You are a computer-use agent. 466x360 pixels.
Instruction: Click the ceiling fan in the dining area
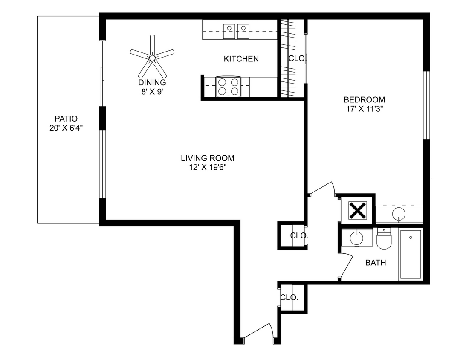[x=152, y=57]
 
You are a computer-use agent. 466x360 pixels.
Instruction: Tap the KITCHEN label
[x=241, y=59]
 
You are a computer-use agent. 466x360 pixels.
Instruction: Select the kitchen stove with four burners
[x=229, y=87]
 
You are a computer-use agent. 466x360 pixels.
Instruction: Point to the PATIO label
[x=66, y=119]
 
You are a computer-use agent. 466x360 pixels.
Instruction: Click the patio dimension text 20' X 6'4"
[x=66, y=128]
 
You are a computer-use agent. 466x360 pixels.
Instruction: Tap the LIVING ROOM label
[x=207, y=158]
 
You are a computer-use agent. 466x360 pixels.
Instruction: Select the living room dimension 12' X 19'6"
[x=207, y=168]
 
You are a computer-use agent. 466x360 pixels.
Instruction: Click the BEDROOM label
[x=364, y=100]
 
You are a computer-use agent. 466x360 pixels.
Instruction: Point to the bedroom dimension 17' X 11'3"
[x=364, y=109]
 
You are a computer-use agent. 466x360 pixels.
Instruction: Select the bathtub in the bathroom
[x=410, y=255]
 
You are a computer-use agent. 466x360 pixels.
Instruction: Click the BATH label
[x=376, y=263]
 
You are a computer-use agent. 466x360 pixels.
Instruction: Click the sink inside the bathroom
[x=355, y=238]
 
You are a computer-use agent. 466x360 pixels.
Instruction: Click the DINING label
[x=152, y=82]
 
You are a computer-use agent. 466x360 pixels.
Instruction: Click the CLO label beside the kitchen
[x=296, y=58]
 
